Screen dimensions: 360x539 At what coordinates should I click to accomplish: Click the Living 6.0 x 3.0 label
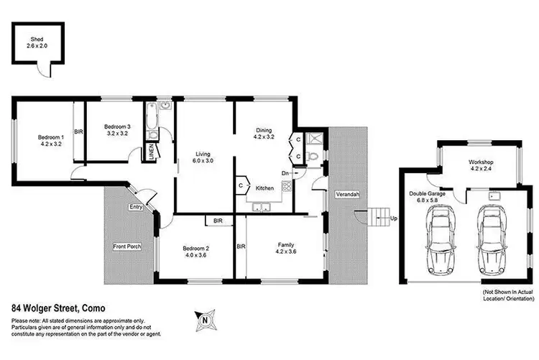pyautogui.click(x=205, y=157)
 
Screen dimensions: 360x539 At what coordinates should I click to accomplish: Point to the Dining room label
pyautogui.click(x=264, y=132)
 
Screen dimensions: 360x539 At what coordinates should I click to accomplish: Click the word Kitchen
pyautogui.click(x=264, y=188)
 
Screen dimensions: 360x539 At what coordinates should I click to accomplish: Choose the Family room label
pyautogui.click(x=286, y=248)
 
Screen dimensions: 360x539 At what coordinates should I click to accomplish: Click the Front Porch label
pyautogui.click(x=127, y=246)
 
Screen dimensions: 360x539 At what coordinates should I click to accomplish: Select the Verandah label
pyautogui.click(x=346, y=195)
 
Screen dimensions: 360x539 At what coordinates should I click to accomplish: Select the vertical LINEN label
pyautogui.click(x=152, y=151)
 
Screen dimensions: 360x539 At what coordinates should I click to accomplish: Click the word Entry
pyautogui.click(x=137, y=207)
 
